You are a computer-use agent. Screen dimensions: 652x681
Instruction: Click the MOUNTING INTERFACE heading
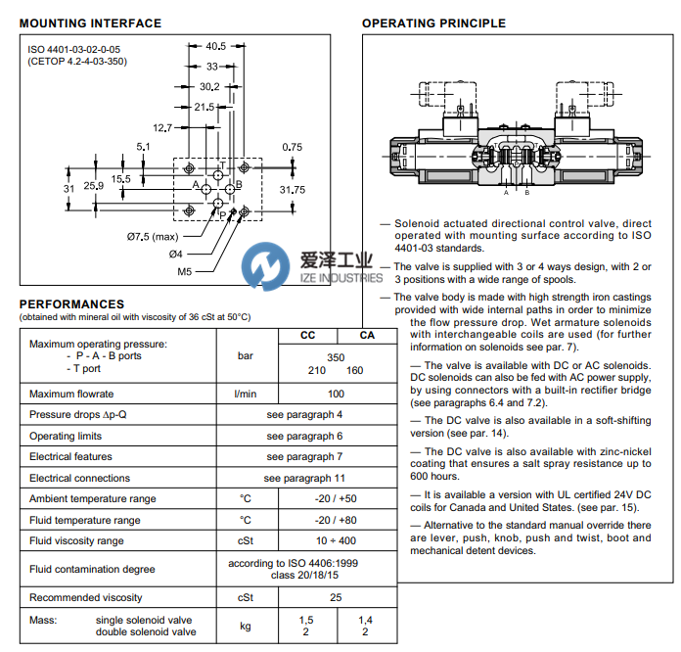[x=90, y=23]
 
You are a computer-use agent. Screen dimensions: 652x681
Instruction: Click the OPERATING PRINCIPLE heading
[x=433, y=23]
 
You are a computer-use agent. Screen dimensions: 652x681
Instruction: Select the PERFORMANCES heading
[x=71, y=304]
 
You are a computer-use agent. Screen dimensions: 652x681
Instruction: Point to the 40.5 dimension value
[x=216, y=46]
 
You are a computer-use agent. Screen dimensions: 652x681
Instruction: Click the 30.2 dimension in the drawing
[x=208, y=87]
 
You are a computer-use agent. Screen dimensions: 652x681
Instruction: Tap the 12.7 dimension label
[x=162, y=127]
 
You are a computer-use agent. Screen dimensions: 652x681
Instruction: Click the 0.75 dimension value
[x=292, y=147]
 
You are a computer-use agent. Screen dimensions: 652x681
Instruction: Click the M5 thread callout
[x=184, y=272]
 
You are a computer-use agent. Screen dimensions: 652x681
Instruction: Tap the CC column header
[x=306, y=335]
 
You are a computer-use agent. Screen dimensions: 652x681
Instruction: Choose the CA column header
[x=366, y=335]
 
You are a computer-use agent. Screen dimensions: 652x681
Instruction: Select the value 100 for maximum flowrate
[x=336, y=394]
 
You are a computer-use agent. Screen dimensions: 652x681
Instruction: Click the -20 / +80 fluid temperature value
[x=336, y=520]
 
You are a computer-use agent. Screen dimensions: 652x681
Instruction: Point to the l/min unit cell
[x=246, y=394]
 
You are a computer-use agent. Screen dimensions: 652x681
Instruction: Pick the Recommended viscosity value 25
[x=336, y=597]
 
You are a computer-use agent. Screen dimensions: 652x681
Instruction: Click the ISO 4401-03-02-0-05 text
[x=74, y=48]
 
